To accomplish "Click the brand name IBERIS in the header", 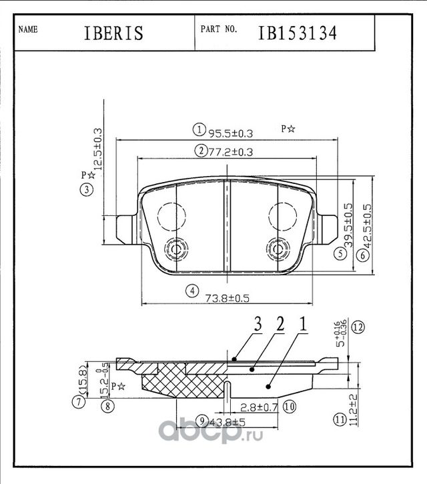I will pos(113,33).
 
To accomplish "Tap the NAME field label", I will pos(27,30).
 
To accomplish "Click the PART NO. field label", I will pos(218,30).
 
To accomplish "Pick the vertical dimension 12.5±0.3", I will pos(97,151).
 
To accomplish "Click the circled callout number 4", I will pos(191,291).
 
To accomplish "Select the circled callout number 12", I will pos(358,327).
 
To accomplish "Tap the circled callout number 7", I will pos(79,401).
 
